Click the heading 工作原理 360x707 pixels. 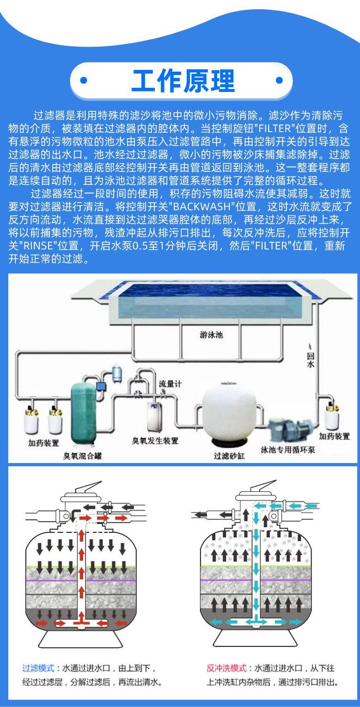(x=183, y=81)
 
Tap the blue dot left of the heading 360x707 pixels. (x=84, y=80)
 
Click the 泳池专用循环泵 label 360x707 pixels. (x=287, y=449)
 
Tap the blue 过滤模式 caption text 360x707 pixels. (x=39, y=668)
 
